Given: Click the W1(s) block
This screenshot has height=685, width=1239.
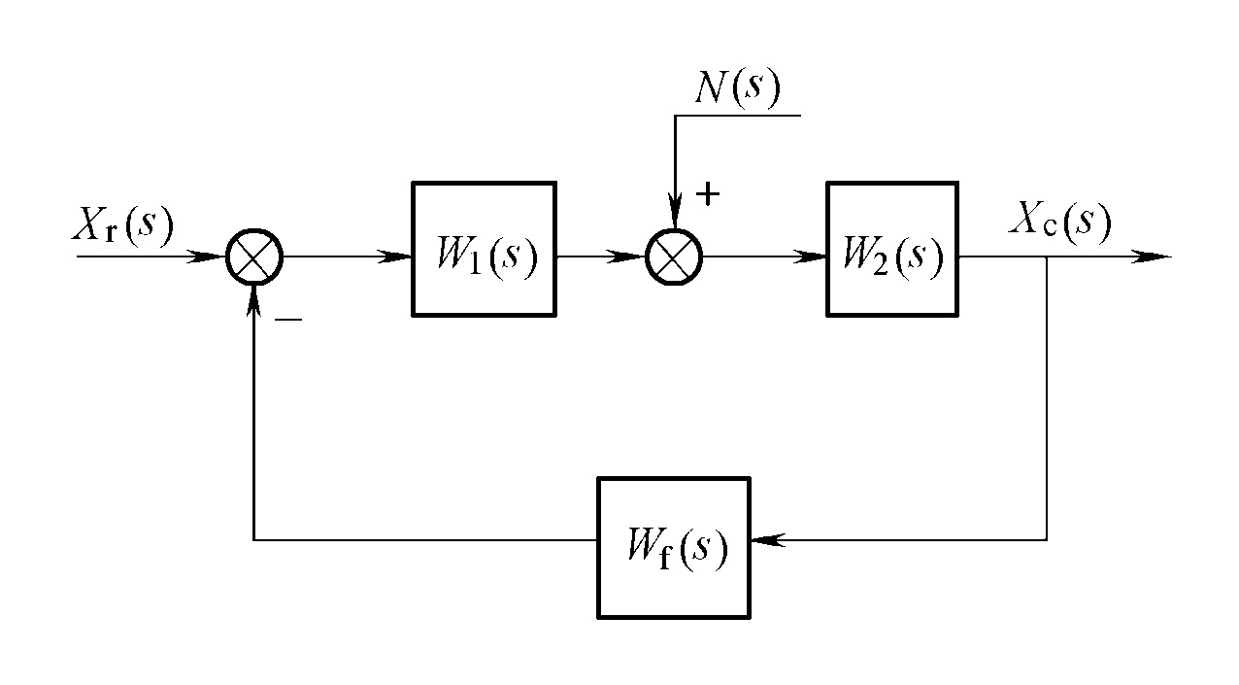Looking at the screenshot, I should click(484, 249).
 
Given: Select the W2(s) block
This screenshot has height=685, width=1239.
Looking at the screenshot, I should click(891, 249).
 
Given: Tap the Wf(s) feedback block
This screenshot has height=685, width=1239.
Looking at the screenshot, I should click(674, 547).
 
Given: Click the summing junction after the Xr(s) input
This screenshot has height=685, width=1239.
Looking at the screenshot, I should click(253, 257).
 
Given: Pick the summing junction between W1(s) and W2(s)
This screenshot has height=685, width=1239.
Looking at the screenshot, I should click(675, 257).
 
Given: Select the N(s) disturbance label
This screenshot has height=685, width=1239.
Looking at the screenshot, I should click(738, 89).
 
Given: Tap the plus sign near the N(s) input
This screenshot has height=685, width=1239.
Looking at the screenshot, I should click(708, 193).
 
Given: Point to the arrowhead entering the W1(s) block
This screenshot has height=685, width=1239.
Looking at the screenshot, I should click(397, 257).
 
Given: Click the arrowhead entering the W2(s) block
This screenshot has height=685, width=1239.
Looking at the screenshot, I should click(813, 257).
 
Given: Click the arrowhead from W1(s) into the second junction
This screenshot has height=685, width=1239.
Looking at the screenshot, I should click(633, 257).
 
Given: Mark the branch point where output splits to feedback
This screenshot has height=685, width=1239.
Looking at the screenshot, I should click(1046, 257).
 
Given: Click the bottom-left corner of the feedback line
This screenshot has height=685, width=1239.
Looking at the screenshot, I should click(253, 539).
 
